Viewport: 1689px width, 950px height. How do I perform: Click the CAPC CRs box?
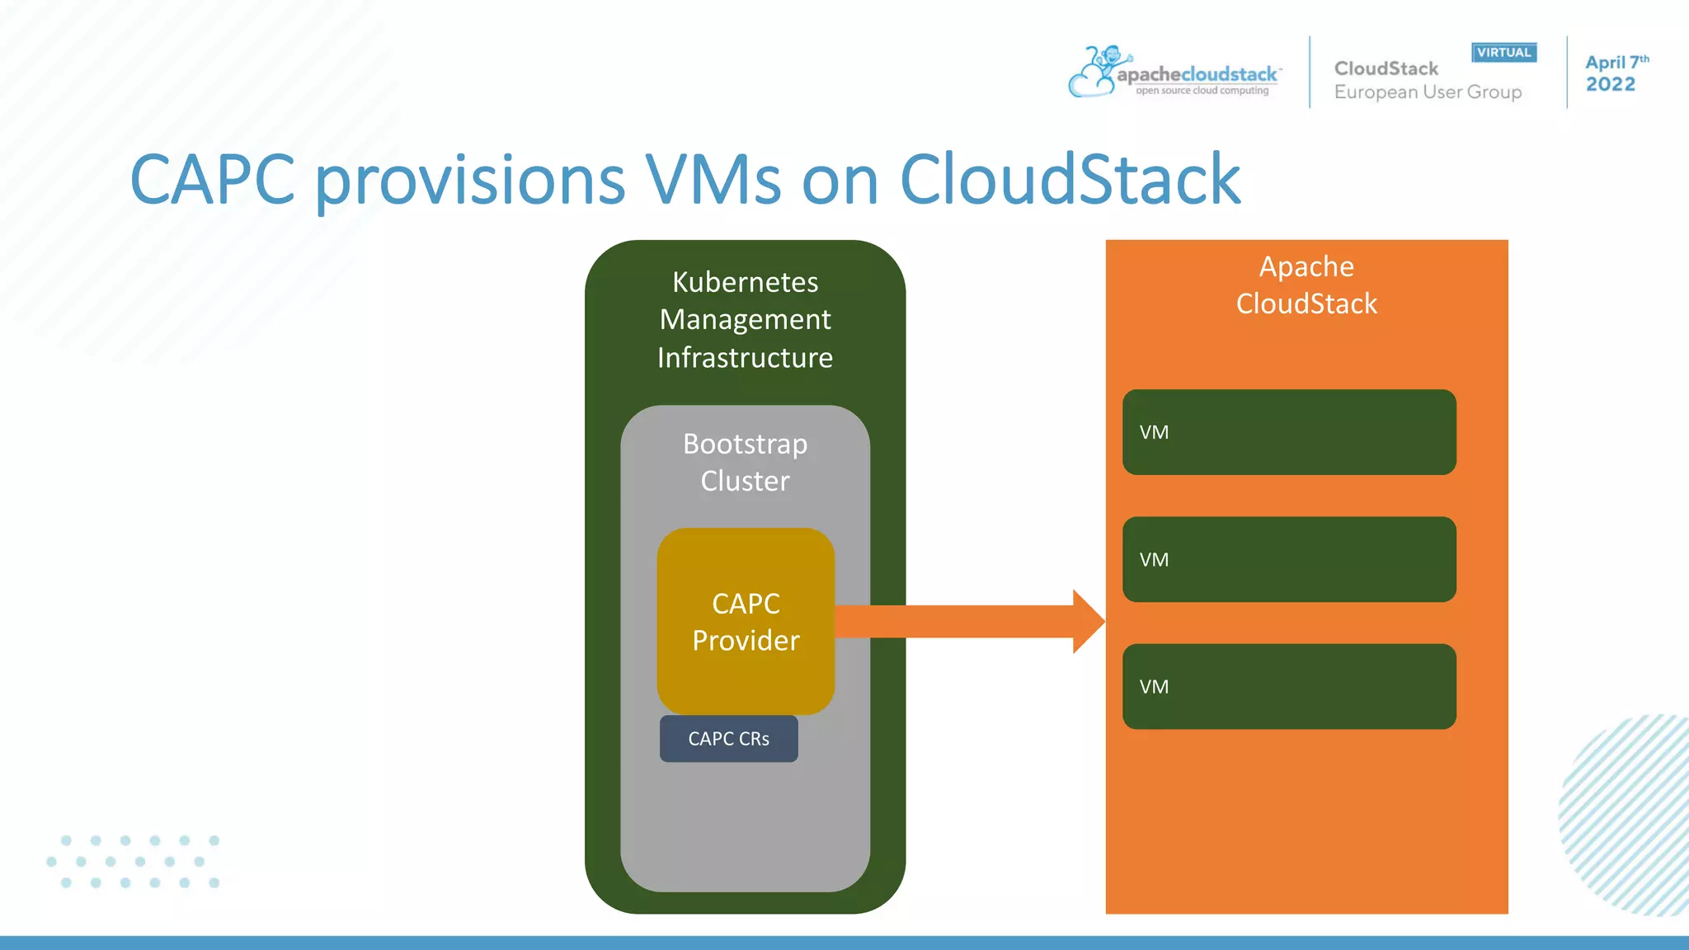pyautogui.click(x=728, y=739)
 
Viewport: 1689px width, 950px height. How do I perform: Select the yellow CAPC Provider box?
pyautogui.click(x=746, y=622)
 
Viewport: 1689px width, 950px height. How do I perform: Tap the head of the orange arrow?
pyautogui.click(x=1088, y=622)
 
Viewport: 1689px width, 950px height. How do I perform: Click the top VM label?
pyautogui.click(x=1154, y=432)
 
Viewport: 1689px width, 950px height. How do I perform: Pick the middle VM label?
pyautogui.click(x=1154, y=560)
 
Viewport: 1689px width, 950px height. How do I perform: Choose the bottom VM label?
pyautogui.click(x=1154, y=687)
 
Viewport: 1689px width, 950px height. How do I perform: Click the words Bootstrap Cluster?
pyautogui.click(x=745, y=462)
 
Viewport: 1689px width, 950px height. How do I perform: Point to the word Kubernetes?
pyautogui.click(x=745, y=282)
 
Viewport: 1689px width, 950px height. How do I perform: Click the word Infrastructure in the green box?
pyautogui.click(x=745, y=358)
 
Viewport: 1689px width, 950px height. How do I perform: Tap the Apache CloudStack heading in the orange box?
pyautogui.click(x=1306, y=285)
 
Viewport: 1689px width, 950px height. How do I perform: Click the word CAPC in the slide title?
pyautogui.click(x=213, y=179)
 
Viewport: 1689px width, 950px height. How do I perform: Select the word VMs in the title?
pyautogui.click(x=713, y=179)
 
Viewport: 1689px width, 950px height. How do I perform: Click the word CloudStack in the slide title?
pyautogui.click(x=1070, y=179)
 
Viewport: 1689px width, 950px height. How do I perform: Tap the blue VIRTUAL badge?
pyautogui.click(x=1503, y=53)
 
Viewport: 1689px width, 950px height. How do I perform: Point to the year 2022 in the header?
pyautogui.click(x=1610, y=84)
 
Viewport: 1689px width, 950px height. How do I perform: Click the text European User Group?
pyautogui.click(x=1428, y=92)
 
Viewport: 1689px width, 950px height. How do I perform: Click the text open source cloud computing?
pyautogui.click(x=1202, y=91)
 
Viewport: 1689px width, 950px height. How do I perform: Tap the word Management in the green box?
pyautogui.click(x=745, y=320)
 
